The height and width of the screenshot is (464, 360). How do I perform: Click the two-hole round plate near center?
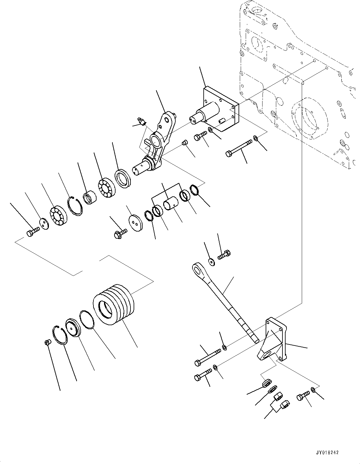tap(135, 222)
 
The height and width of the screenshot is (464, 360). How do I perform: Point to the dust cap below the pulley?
tap(73, 327)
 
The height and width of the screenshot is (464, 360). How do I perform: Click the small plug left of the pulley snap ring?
tap(46, 343)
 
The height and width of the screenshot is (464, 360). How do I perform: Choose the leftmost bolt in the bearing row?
tap(32, 232)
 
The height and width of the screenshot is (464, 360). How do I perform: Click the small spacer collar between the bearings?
tap(90, 198)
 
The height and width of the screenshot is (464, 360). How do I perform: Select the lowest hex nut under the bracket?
tap(285, 405)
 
